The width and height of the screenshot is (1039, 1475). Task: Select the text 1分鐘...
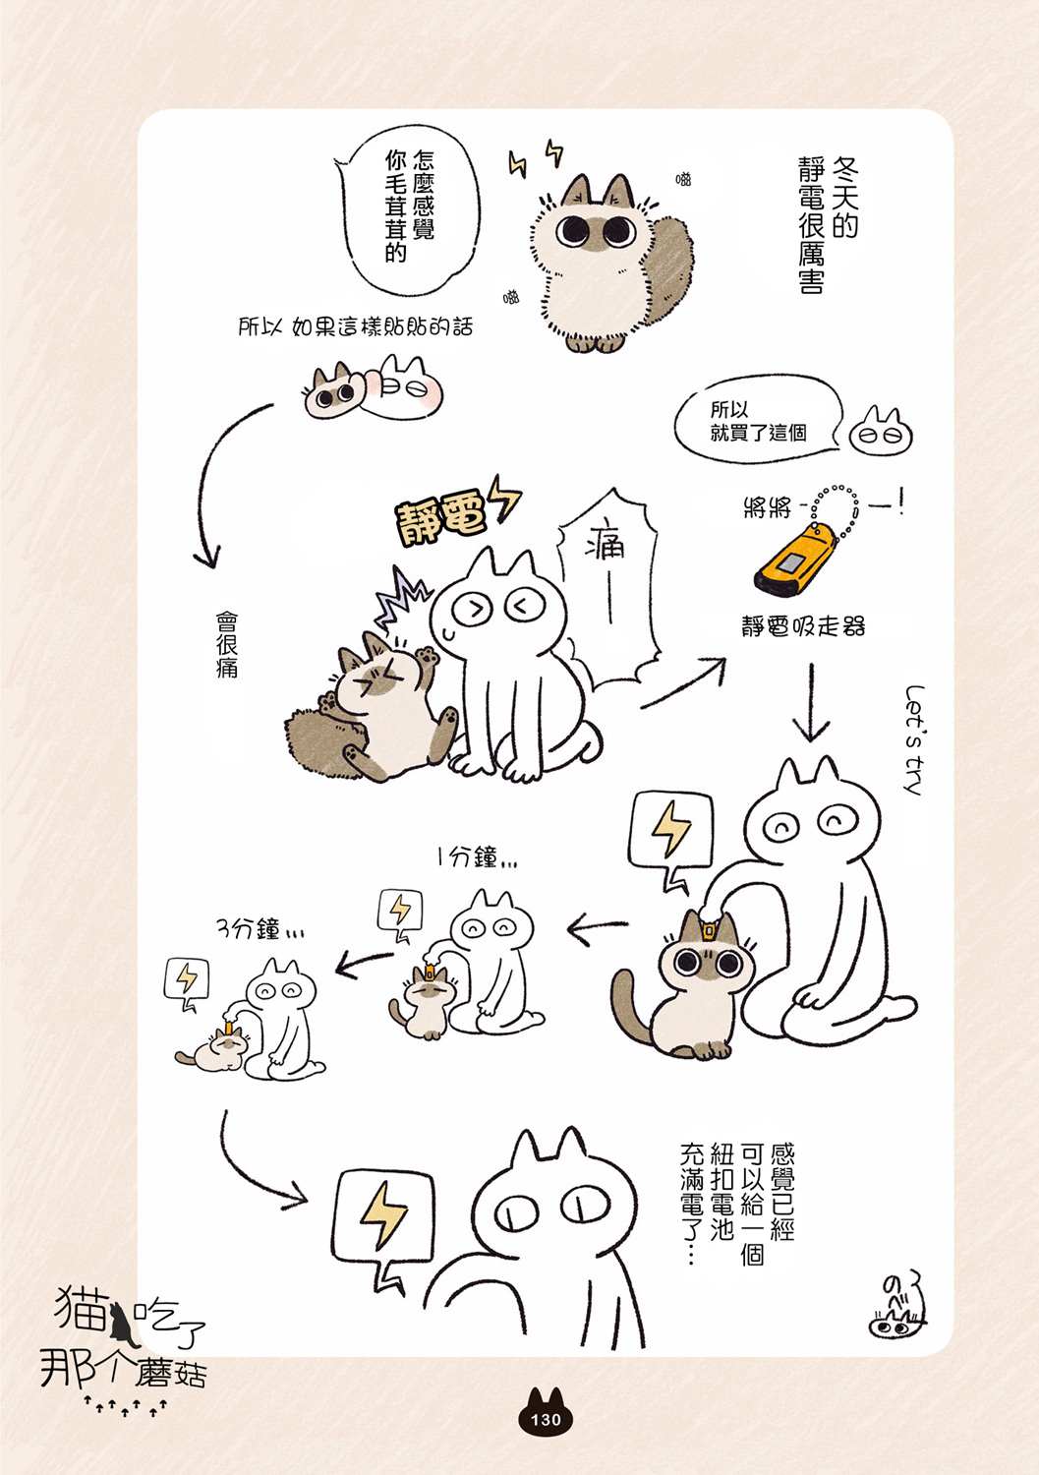(x=476, y=858)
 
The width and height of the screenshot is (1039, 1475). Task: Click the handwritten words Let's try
(x=914, y=740)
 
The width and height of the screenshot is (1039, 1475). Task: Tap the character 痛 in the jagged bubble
(x=605, y=545)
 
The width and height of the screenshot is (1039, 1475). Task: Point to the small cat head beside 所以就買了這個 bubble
(x=880, y=432)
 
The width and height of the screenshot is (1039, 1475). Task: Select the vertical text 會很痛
(x=226, y=644)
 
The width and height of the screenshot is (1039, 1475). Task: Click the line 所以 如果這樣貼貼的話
(x=356, y=326)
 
